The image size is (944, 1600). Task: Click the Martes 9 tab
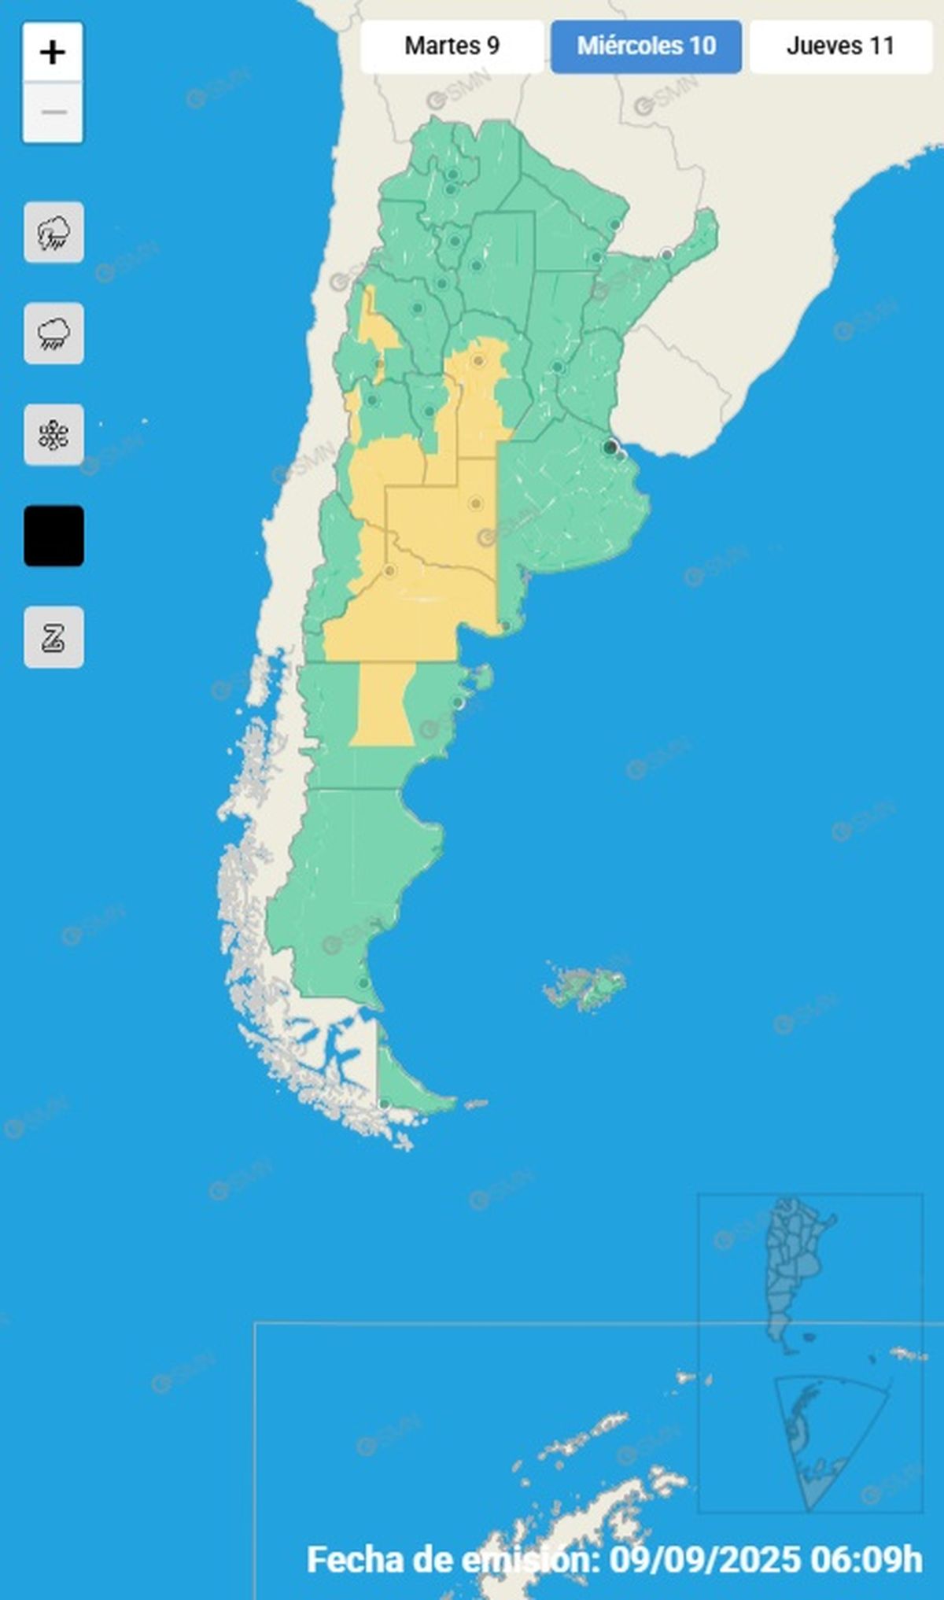coord(452,46)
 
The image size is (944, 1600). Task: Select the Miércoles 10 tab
coord(646,46)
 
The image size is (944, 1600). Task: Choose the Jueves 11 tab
coord(840,46)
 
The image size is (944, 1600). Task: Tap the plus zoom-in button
coord(53,53)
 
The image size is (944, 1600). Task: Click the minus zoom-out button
coord(53,112)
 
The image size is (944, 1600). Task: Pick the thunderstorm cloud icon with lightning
coord(53,233)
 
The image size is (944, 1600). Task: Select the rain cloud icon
coord(53,334)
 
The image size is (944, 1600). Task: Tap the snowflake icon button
coord(53,435)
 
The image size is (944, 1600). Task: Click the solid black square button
coord(53,536)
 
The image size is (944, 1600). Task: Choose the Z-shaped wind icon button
coord(53,637)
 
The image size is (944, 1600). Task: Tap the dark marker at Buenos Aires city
coord(610,448)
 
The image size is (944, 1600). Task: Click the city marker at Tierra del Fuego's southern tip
coord(384,1104)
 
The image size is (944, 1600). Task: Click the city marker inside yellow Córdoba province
coord(478,361)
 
